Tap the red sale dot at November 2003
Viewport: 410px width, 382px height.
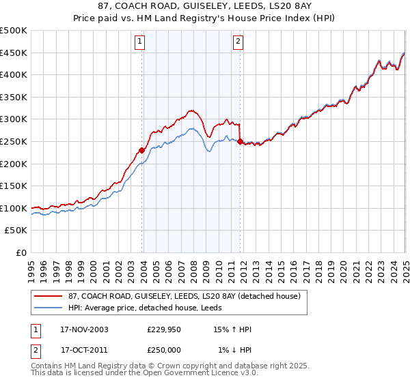coord(142,150)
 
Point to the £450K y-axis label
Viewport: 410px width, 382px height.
coord(14,53)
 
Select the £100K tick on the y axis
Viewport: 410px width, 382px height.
coord(14,208)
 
